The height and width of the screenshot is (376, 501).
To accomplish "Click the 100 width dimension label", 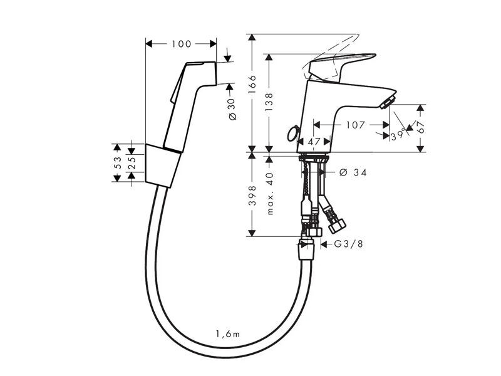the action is (181, 44).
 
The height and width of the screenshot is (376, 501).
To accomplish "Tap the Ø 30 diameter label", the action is (232, 110).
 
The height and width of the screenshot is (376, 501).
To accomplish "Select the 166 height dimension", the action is (252, 85).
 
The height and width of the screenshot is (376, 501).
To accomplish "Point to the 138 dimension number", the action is (269, 102).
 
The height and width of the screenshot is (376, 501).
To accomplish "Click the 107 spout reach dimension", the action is (355, 125).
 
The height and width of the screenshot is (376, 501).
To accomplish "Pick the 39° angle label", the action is (398, 136).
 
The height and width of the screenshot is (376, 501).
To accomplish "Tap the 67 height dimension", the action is (421, 127).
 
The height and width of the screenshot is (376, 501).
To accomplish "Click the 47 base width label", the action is (314, 141).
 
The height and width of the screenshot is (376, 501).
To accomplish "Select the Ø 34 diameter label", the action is (353, 173).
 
